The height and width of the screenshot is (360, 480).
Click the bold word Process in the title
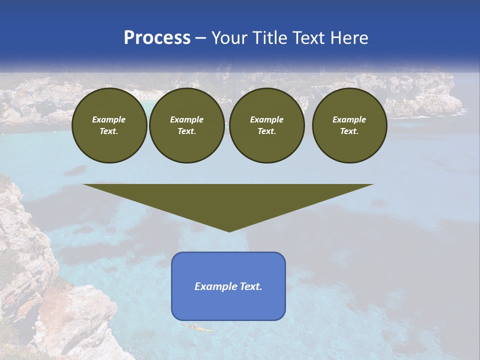(x=157, y=38)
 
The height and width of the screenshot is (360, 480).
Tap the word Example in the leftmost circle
(x=109, y=119)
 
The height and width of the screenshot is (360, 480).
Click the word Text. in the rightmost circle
(x=349, y=131)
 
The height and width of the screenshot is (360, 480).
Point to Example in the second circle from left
(x=187, y=119)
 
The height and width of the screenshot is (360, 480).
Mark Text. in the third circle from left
(x=267, y=131)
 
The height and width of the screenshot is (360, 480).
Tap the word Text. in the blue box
(x=251, y=286)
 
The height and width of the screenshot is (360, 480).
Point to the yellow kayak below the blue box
(x=196, y=327)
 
